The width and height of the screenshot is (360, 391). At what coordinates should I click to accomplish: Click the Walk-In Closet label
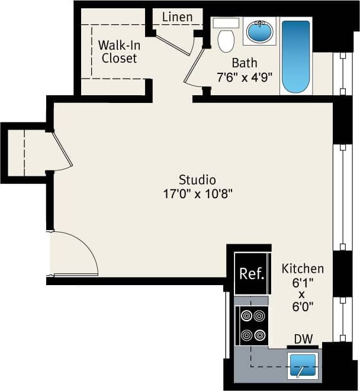click(x=119, y=51)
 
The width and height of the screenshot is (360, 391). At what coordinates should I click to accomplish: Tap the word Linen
click(x=177, y=17)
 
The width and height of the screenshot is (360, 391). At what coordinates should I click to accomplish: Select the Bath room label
click(x=244, y=63)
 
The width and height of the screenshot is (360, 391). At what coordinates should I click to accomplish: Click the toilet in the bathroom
click(x=226, y=38)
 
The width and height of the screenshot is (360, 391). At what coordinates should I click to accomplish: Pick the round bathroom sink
click(x=259, y=31)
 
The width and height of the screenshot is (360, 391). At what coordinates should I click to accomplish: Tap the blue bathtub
click(x=295, y=57)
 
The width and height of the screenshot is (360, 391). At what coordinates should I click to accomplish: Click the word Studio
click(x=197, y=179)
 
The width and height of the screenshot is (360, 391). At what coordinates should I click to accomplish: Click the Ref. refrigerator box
click(x=252, y=273)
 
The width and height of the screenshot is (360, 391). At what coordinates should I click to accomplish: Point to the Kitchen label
click(x=303, y=268)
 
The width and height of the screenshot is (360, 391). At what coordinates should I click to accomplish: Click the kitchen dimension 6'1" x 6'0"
click(x=302, y=293)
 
